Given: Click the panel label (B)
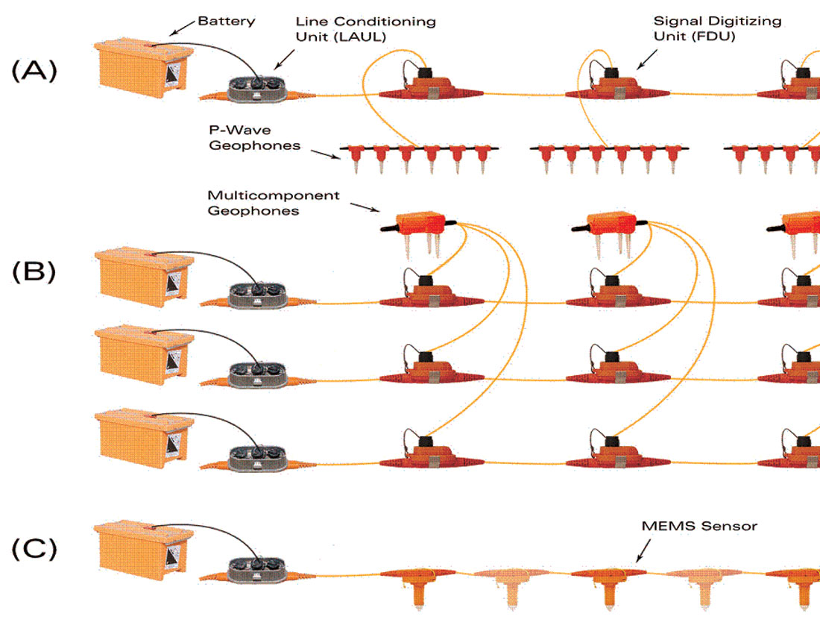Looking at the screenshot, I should [x=34, y=272].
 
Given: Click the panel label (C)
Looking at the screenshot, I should [x=34, y=549].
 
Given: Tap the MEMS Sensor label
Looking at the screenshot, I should [x=699, y=526].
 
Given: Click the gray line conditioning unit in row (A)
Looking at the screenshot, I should [x=257, y=87].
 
